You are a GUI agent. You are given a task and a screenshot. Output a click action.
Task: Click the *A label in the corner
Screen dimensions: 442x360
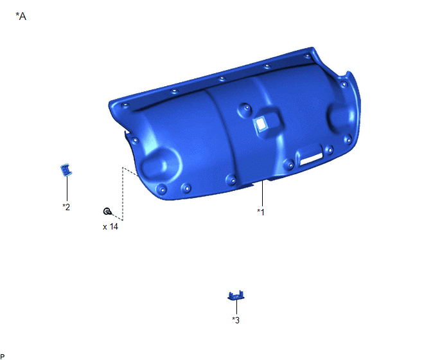(x=21, y=16)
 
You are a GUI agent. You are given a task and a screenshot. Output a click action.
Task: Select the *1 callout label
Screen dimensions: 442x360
(x=261, y=212)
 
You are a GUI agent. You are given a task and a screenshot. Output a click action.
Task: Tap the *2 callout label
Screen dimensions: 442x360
(x=66, y=207)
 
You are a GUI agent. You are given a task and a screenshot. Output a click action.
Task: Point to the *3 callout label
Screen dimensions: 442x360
(x=236, y=320)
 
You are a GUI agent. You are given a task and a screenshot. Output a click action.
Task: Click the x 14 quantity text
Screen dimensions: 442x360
(x=110, y=226)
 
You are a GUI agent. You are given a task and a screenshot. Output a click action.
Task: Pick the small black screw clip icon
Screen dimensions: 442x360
(x=107, y=211)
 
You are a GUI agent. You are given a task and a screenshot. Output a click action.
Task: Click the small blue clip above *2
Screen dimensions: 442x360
(x=66, y=170)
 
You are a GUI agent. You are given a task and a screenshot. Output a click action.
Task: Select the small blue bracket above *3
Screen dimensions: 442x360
(x=236, y=295)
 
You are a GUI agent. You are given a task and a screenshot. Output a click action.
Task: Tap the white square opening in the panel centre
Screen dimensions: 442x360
(x=261, y=123)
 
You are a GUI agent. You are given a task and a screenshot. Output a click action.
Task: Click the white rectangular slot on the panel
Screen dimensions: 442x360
(x=311, y=159)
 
